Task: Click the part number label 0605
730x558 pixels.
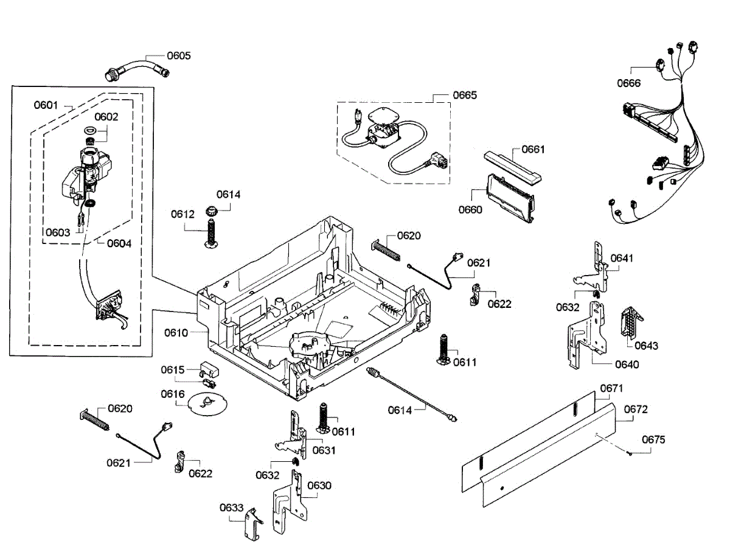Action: (179, 55)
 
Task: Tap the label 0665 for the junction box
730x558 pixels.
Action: (465, 95)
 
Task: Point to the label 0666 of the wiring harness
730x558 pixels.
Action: (628, 83)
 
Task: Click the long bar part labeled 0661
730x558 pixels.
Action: (512, 169)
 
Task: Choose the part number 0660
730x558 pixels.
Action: (470, 209)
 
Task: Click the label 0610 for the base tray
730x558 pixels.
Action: (176, 332)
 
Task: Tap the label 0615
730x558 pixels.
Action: (173, 369)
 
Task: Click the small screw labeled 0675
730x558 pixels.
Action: (630, 453)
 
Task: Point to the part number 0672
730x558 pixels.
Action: (636, 409)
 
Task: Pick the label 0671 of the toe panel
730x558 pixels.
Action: (611, 388)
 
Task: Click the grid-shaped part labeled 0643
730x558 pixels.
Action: (631, 323)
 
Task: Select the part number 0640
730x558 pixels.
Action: (627, 364)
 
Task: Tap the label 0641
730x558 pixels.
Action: (622, 258)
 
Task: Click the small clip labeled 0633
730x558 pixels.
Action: (254, 524)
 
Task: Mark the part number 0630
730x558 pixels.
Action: (319, 486)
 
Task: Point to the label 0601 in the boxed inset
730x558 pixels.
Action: (46, 105)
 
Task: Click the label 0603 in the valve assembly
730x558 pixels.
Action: (58, 232)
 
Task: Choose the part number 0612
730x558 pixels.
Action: (182, 214)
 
